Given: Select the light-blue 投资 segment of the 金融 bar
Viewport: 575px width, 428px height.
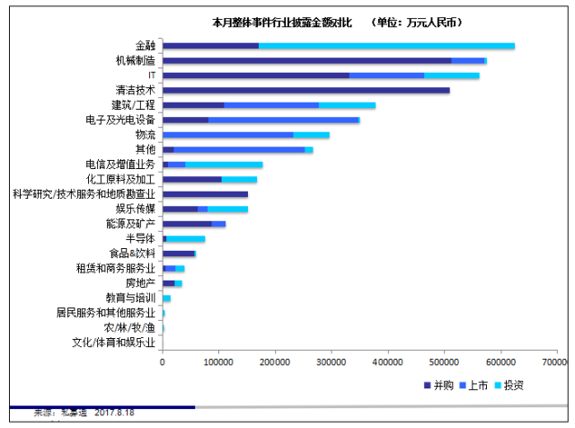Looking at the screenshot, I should tap(386, 46).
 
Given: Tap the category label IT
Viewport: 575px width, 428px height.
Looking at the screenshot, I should tap(152, 76).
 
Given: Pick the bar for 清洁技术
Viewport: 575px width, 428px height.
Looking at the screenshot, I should tap(305, 90).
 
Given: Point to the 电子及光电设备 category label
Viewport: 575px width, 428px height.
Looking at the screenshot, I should tap(120, 120).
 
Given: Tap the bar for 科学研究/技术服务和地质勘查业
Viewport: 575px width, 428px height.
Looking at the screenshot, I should tap(205, 194).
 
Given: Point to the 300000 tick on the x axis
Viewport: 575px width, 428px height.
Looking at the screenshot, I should tap(331, 361).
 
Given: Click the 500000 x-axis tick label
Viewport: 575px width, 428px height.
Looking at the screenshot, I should tap(443, 361).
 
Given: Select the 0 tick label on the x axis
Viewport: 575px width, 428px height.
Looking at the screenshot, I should tap(163, 361).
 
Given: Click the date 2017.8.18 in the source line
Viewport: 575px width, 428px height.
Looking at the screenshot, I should tap(114, 413).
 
